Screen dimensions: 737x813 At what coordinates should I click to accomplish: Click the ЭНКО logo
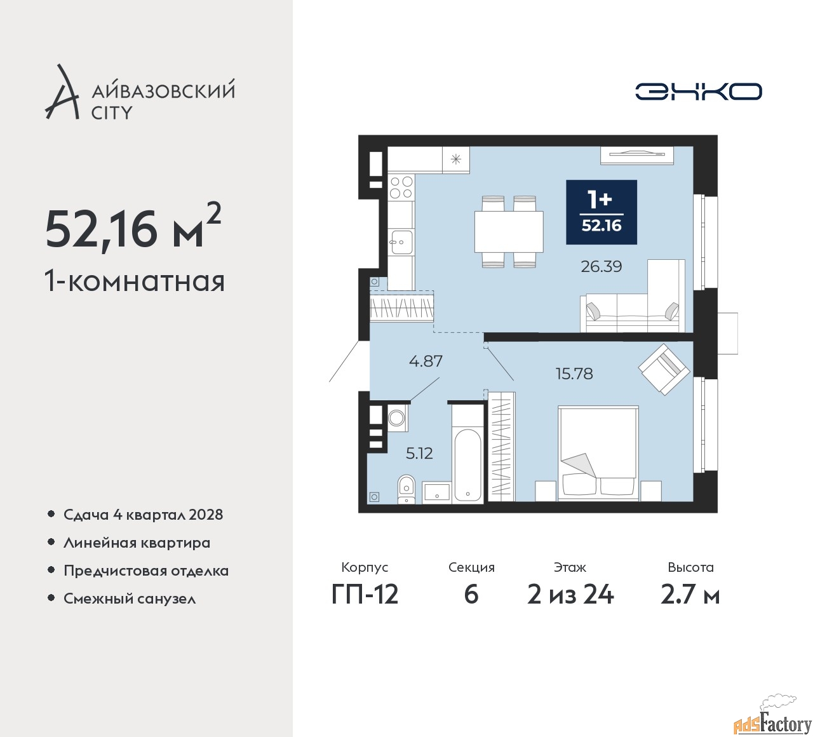(x=698, y=91)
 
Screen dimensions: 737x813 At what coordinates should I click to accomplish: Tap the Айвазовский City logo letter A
(x=62, y=93)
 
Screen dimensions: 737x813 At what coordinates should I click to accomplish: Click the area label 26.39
(x=601, y=267)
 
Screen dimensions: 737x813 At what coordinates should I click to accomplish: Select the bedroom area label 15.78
(x=574, y=374)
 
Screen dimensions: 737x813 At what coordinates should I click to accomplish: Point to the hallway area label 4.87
(x=426, y=361)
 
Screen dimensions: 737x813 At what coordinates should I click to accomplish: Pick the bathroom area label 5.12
(x=419, y=453)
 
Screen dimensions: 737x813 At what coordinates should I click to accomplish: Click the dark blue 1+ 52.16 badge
(x=601, y=212)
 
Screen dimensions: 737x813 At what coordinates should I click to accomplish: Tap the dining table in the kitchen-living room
(x=509, y=232)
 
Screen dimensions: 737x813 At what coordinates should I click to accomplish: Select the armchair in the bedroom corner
(x=664, y=369)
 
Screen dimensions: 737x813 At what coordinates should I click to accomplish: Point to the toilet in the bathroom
(x=406, y=489)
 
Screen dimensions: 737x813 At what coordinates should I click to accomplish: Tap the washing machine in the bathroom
(x=397, y=417)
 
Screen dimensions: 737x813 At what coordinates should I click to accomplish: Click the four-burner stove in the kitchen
(x=401, y=187)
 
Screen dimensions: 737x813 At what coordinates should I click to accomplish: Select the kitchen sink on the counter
(x=401, y=241)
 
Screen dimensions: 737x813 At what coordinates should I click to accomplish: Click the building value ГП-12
(x=365, y=594)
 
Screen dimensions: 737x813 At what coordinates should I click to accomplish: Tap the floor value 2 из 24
(x=570, y=594)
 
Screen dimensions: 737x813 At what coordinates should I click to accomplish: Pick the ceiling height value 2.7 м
(x=690, y=594)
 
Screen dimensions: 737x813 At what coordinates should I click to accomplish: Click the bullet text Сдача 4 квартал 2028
(x=143, y=515)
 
